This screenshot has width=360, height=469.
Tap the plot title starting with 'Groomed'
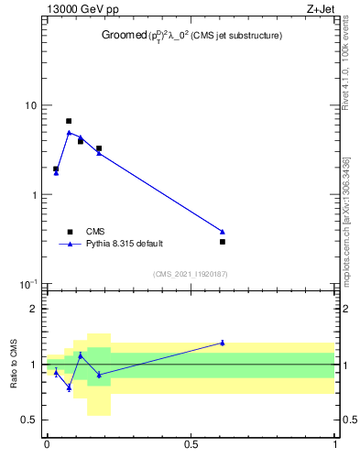pyautogui.click(x=191, y=36)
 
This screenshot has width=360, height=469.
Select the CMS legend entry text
pyautogui.click(x=96, y=232)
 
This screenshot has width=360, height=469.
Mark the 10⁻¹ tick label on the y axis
pyautogui.click(x=28, y=284)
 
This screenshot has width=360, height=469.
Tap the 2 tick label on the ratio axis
pyautogui.click(x=34, y=309)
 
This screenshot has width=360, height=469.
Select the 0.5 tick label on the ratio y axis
pyautogui.click(x=29, y=420)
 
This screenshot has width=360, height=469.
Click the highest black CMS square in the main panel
pyautogui.click(x=69, y=121)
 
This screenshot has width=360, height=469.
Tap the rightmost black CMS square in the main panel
pyautogui.click(x=223, y=242)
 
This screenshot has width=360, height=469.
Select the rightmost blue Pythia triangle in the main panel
pyautogui.click(x=223, y=231)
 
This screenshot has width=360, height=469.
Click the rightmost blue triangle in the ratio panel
pyautogui.click(x=223, y=343)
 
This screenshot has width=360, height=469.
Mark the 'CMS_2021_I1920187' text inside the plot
pyautogui.click(x=190, y=274)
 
